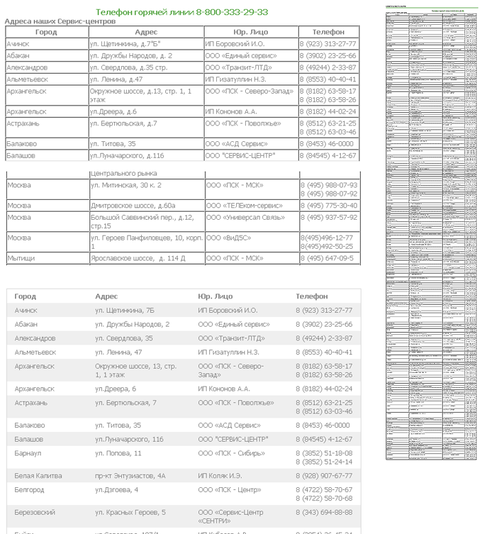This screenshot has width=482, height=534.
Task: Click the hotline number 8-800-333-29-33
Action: pos(232,12)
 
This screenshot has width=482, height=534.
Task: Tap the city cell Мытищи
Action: pos(20,258)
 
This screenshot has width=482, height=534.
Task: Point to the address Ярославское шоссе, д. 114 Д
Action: pos(138,258)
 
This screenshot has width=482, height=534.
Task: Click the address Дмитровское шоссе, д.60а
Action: pos(133,205)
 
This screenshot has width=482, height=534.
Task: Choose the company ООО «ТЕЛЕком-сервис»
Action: pos(244,205)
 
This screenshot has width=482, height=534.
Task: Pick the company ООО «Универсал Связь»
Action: pos(244,217)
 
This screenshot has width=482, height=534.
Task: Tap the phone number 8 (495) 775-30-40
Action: pos(328,205)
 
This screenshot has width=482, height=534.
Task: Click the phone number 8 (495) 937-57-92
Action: pos(328,217)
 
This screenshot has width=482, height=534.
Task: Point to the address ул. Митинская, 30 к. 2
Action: pos(126,185)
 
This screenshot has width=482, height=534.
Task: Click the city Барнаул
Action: pos(30,453)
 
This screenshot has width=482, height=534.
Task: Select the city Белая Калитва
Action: pos(38,475)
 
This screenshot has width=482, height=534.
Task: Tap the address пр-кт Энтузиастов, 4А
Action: pos(130,475)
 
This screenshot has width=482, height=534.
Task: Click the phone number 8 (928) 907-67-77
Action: pos(324,475)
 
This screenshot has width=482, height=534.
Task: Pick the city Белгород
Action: pos(31,490)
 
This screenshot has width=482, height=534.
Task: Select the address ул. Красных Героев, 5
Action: pos(130,512)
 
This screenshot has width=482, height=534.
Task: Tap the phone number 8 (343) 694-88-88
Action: pos(324,512)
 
